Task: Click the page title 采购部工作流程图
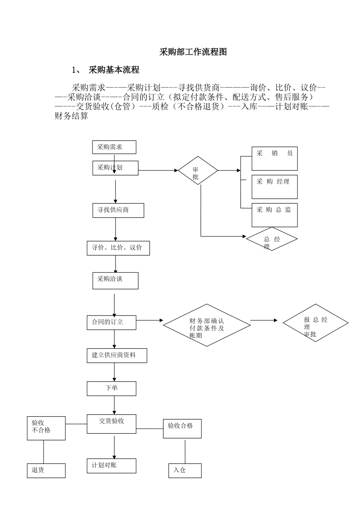click(x=193, y=52)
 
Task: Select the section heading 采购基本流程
click(x=114, y=70)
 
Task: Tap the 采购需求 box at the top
click(x=114, y=147)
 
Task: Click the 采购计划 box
click(x=115, y=168)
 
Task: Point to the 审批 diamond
click(x=198, y=171)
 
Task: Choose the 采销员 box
click(x=274, y=159)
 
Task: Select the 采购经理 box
click(x=274, y=187)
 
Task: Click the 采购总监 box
click(x=274, y=215)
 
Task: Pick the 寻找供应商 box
click(x=118, y=211)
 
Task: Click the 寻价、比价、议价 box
click(x=118, y=248)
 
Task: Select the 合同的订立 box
click(x=111, y=322)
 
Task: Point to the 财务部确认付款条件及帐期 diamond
click(x=207, y=325)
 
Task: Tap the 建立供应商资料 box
click(x=117, y=356)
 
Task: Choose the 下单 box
click(x=111, y=389)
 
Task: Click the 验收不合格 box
click(x=46, y=428)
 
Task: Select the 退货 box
click(x=46, y=470)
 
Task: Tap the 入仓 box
click(x=185, y=470)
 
